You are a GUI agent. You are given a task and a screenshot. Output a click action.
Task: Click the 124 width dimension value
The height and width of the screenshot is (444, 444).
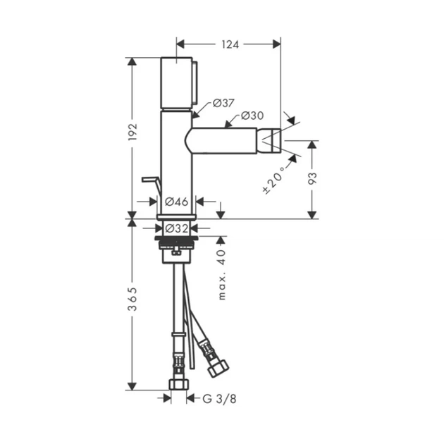230,44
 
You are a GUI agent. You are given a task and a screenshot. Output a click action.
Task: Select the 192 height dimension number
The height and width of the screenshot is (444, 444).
132,132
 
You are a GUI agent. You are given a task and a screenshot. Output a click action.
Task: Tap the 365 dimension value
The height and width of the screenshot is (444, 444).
132,299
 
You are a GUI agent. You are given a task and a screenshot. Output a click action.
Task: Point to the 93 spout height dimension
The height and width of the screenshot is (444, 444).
312,178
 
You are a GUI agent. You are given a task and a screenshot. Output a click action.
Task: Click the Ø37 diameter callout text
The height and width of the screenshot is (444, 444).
223,103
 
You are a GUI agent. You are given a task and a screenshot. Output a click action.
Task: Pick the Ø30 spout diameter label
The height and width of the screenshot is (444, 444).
252,116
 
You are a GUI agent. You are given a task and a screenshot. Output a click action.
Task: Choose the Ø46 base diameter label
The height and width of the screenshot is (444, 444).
176,202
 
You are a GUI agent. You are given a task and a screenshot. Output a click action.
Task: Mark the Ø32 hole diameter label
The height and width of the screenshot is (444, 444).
176,228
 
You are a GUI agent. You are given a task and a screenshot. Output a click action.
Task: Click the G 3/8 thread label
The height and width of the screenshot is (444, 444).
219,399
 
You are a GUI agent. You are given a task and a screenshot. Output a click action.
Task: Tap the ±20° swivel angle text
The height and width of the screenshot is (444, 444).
274,180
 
